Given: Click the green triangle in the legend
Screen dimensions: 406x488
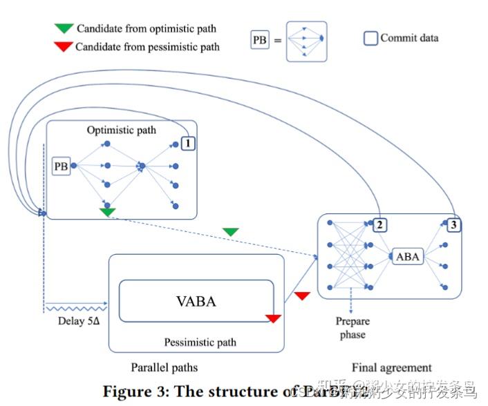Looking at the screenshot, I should (64, 29).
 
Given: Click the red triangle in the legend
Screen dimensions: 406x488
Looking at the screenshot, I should (64, 47).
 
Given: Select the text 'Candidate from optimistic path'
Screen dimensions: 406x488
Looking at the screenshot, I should (146, 29).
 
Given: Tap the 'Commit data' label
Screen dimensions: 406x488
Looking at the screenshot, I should (409, 38).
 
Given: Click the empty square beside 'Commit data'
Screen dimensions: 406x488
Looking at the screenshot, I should (370, 39).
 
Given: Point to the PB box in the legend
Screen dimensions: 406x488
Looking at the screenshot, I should (259, 41).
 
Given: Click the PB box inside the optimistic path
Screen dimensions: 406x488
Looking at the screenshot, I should (62, 166).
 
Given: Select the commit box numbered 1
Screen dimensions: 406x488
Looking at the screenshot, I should (187, 144).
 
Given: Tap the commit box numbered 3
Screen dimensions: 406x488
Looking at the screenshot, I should (453, 224).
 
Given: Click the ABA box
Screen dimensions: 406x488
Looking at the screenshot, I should (407, 256).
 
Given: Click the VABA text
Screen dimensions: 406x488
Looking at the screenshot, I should (196, 301).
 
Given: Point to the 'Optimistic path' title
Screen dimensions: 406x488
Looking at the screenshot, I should (122, 130).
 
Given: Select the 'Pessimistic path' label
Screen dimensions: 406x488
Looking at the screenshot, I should (200, 342).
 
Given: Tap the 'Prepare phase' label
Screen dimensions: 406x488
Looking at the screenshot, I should (353, 328).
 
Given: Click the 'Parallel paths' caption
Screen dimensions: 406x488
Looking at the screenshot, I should (164, 367).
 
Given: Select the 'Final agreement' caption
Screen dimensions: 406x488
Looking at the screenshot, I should (391, 367).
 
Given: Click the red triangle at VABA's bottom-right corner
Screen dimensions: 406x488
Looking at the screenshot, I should (274, 318).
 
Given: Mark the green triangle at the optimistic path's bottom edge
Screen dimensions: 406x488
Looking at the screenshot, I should (106, 212).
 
